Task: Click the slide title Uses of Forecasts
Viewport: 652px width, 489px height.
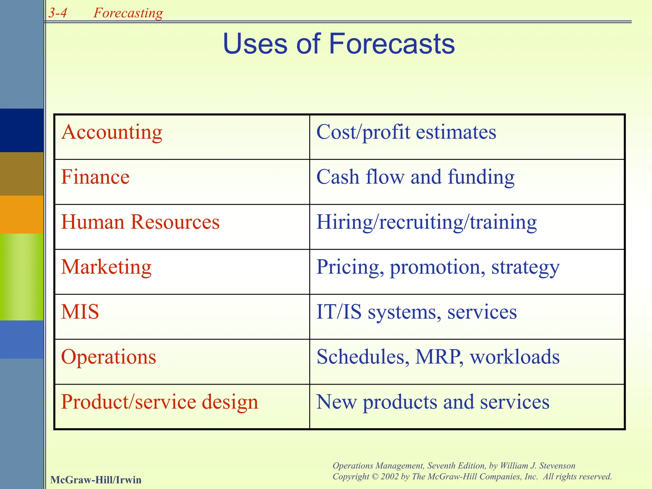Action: coord(339,44)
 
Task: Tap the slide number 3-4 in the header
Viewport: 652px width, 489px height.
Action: coord(58,13)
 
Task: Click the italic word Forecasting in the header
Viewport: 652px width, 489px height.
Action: coord(128,13)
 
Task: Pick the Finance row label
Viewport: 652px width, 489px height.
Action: coord(95,177)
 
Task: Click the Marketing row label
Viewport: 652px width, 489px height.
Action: coord(106,267)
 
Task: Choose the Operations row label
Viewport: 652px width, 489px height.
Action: coord(109,357)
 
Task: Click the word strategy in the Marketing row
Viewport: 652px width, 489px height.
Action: coord(525,267)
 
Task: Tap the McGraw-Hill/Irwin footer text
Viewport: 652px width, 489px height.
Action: coord(96,480)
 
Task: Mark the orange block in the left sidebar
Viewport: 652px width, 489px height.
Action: coord(22,214)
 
